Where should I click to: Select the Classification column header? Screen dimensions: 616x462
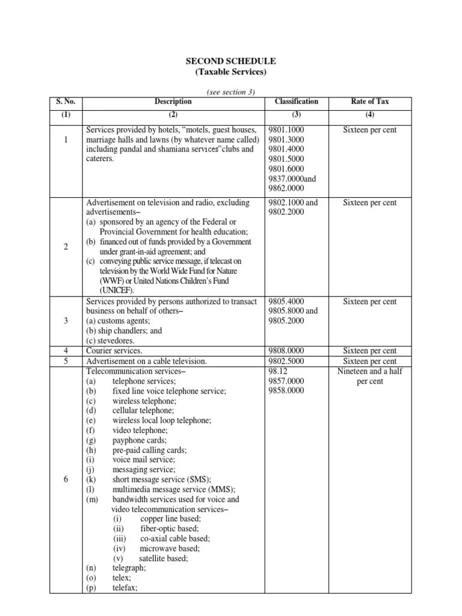(296, 102)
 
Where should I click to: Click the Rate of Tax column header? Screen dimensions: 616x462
(369, 102)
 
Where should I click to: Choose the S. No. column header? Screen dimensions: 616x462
(65, 102)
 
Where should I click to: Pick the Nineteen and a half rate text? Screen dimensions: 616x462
(369, 371)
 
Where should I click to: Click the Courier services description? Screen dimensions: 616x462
(114, 351)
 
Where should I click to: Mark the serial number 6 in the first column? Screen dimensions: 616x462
(65, 479)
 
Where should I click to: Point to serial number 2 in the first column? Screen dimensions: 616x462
(65, 247)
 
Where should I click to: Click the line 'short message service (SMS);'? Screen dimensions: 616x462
(161, 479)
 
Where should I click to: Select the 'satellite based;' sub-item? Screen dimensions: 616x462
(164, 558)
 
